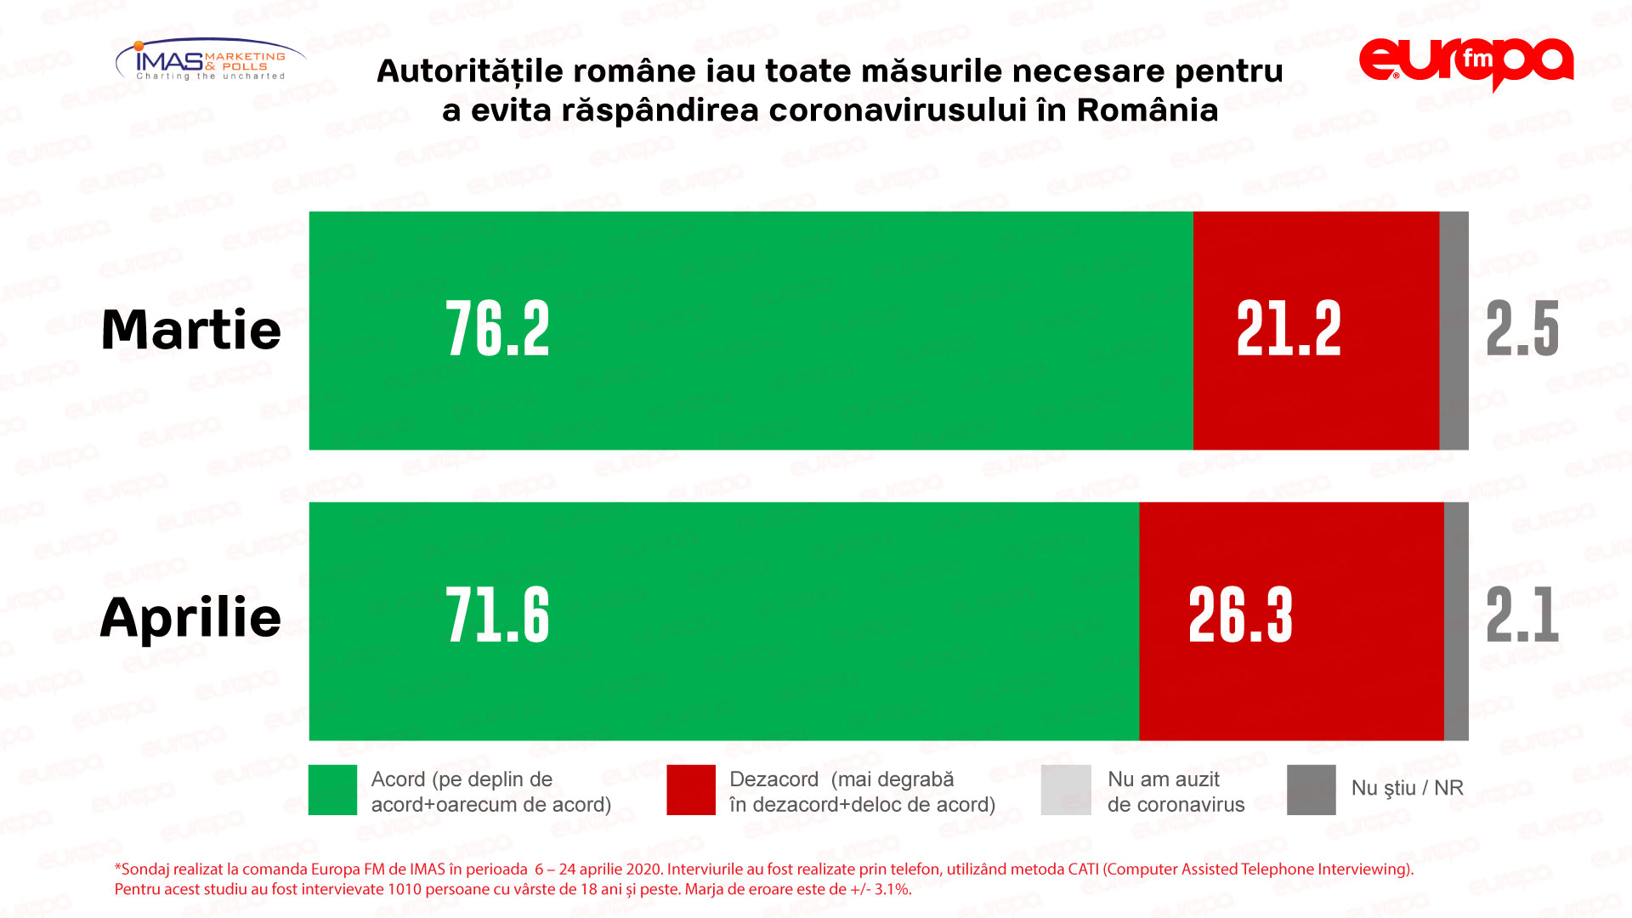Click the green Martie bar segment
click(751, 331)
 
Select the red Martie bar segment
click(1316, 331)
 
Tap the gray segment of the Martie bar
click(1453, 331)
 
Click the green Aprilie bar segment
click(723, 621)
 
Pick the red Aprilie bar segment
click(1291, 621)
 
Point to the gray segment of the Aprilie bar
click(1456, 621)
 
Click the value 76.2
click(498, 330)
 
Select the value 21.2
click(1289, 330)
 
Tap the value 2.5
click(1522, 330)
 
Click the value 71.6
click(498, 615)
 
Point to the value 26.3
click(1240, 615)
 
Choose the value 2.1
click(1522, 615)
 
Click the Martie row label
click(191, 330)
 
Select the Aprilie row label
click(191, 617)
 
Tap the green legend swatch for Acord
click(332, 790)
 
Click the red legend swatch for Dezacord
click(691, 790)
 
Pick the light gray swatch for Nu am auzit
click(1066, 790)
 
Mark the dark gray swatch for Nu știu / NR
click(1311, 790)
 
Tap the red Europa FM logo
click(1466, 63)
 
